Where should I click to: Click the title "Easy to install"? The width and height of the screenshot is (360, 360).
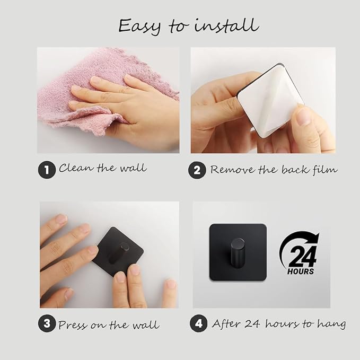189,27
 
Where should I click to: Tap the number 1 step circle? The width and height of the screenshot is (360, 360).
47,170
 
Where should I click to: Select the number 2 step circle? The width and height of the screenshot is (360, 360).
197,170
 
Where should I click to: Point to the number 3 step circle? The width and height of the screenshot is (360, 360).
47,323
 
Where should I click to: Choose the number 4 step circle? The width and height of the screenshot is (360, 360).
199,323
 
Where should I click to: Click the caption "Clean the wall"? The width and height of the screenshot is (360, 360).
103,168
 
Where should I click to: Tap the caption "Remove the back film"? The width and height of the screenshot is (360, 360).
274,170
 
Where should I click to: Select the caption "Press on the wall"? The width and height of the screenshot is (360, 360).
109,325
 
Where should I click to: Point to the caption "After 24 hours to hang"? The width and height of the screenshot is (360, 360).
279,324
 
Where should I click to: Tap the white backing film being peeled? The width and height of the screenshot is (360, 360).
271,101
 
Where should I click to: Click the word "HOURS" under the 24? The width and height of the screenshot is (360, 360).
301,271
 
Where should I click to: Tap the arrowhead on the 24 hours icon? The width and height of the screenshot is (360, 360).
315,238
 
